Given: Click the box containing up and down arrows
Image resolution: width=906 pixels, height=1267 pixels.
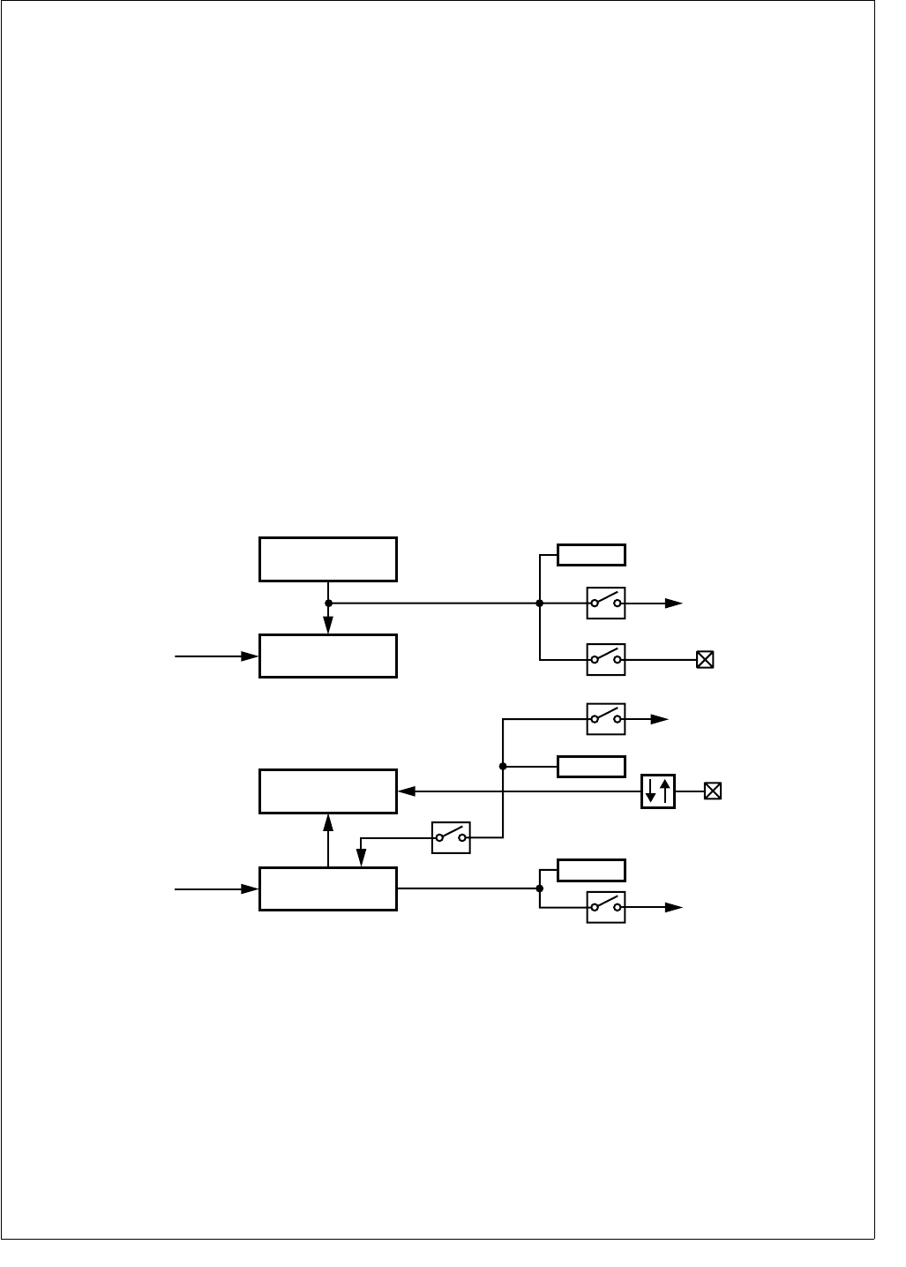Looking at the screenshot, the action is point(658,791).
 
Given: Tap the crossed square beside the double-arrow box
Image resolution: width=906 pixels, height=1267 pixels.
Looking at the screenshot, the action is point(713,791).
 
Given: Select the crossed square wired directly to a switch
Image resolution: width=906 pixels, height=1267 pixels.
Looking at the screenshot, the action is point(705,659).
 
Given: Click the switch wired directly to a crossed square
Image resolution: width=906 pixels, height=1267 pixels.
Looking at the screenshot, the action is point(606,659).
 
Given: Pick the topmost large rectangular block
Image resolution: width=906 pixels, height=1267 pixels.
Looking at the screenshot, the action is point(328,559).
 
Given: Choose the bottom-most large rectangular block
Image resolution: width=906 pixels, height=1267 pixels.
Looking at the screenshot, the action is point(328,888).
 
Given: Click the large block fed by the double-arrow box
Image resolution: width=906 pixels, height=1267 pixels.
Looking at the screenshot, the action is point(328,791).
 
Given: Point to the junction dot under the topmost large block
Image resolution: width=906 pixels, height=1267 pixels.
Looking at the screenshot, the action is point(328,604).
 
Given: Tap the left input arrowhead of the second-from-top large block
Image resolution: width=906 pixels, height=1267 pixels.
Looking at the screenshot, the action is point(251,656).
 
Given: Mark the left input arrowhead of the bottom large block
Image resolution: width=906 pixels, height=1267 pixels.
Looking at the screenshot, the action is point(251,889).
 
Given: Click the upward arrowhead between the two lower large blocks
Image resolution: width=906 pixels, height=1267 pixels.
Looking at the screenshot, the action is point(328,821).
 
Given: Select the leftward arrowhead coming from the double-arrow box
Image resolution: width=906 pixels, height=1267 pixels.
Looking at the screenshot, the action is point(407,791).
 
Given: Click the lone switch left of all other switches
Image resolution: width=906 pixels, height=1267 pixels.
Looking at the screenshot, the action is point(451,837).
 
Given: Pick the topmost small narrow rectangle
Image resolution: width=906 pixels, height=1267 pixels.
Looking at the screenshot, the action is point(591,555).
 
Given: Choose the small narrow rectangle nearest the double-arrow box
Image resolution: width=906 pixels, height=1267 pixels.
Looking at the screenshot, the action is point(591,766).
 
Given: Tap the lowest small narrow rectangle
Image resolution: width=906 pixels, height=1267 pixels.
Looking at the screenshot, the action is point(591,870).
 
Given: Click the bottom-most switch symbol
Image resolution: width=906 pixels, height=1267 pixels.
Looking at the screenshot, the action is point(606,907).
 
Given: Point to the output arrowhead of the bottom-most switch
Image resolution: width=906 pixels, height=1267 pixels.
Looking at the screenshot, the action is point(675,907).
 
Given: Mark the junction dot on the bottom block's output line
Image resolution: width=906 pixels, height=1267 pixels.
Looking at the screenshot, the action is point(539,888).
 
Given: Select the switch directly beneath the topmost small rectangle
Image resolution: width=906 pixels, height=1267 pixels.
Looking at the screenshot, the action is point(606,604).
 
